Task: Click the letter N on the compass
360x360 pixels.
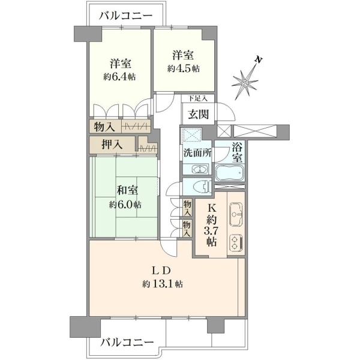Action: [x=259, y=60]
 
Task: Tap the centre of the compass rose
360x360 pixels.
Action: [x=245, y=83]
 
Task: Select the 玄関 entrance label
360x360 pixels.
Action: [x=199, y=114]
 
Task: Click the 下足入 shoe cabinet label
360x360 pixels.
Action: [x=198, y=98]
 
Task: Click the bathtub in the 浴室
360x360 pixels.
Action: [x=230, y=173]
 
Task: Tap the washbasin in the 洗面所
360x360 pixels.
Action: [x=200, y=170]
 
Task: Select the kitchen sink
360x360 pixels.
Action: [x=236, y=214]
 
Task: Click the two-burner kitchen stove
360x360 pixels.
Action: [x=236, y=242]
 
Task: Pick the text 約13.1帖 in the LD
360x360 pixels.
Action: [x=163, y=284]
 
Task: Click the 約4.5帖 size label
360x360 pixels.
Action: [x=183, y=68]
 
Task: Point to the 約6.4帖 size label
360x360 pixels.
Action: [x=119, y=76]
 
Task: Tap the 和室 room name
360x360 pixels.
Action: [x=127, y=190]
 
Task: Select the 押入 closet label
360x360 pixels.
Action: [x=112, y=145]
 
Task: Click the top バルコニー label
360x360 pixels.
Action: [x=126, y=16]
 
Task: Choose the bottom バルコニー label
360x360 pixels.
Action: [x=127, y=343]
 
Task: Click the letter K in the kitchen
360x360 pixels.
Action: [x=211, y=208]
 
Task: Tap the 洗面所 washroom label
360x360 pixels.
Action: [x=197, y=154]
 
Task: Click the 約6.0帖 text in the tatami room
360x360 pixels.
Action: [x=125, y=204]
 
